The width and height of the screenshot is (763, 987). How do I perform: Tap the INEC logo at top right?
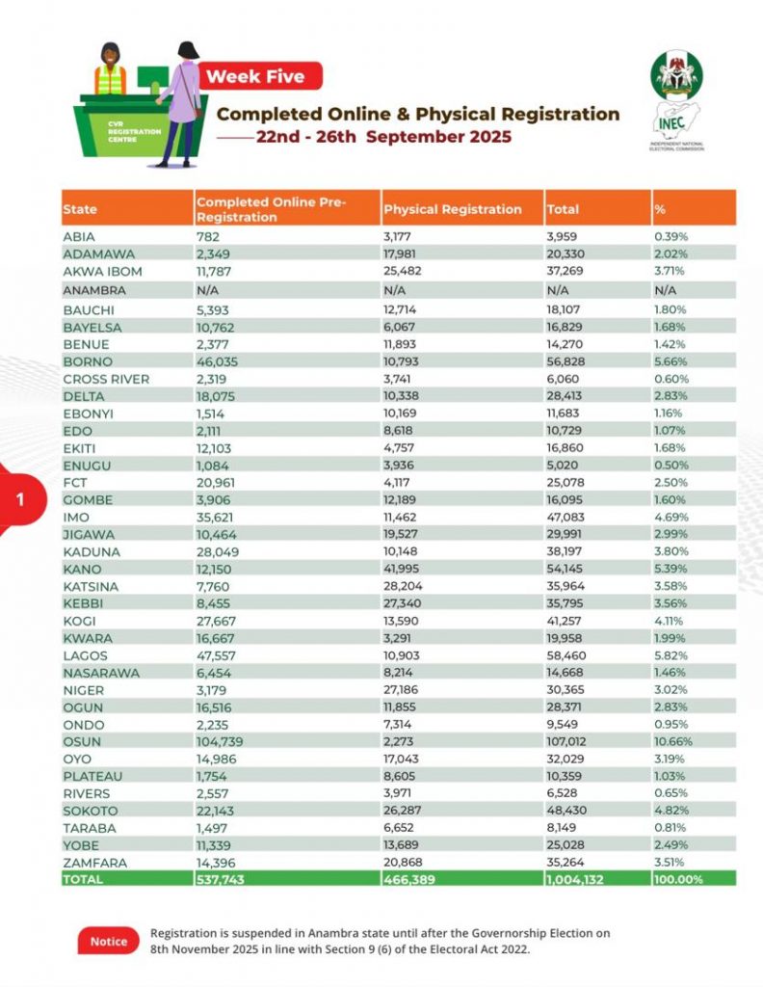click(676, 100)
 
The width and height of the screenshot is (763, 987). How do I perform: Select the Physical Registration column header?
click(452, 209)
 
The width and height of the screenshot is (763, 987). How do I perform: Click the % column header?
click(661, 209)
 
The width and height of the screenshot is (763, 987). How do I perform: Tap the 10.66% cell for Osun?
click(674, 741)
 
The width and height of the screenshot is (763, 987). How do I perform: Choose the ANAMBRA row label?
click(92, 289)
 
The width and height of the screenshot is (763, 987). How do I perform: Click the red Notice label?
click(108, 941)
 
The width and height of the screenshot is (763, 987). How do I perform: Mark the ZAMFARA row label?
click(94, 862)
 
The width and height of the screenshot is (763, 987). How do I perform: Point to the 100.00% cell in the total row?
click(680, 880)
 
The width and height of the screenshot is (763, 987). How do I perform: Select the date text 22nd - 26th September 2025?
click(383, 137)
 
